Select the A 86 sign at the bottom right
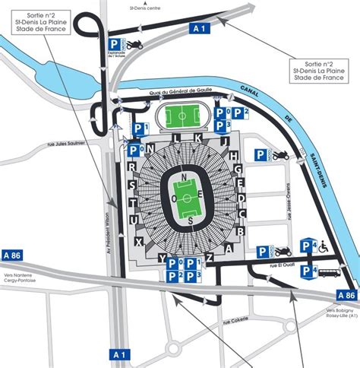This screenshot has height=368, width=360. click(x=346, y=295)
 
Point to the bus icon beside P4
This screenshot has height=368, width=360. click(x=327, y=272)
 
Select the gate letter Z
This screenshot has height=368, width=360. click(x=209, y=258)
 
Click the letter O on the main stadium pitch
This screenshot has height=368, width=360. click(x=176, y=196)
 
